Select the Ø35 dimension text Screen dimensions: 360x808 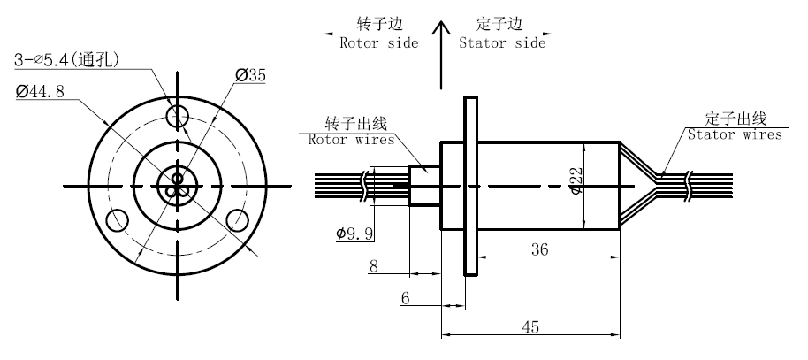[x=250, y=76]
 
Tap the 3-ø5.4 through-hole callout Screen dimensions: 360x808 [x=67, y=60]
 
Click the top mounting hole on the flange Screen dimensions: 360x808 [x=178, y=115]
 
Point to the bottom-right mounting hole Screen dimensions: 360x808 [x=237, y=219]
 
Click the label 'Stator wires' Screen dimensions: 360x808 [x=735, y=134]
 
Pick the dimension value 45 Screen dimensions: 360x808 [x=530, y=326]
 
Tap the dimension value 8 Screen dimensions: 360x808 [x=374, y=265]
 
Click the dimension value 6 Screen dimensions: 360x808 [x=406, y=297]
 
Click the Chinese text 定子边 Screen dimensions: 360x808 [x=495, y=23]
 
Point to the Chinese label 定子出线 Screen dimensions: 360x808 [x=735, y=118]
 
